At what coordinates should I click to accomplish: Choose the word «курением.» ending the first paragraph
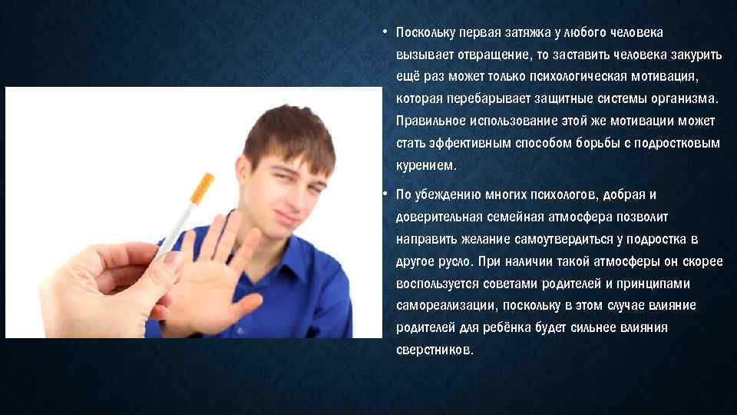click(426, 165)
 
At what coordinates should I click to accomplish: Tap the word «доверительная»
click(434, 217)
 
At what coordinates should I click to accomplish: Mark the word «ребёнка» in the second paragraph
click(496, 327)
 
